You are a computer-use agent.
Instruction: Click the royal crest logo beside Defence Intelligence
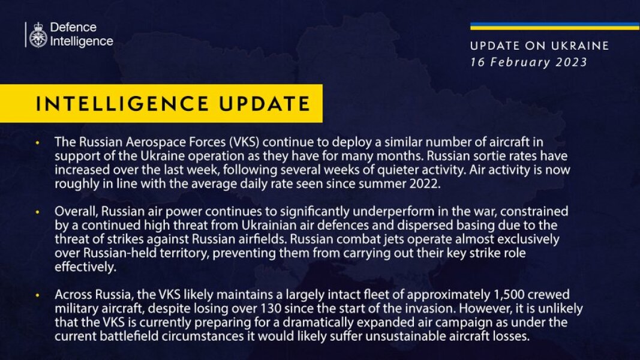coord(38,35)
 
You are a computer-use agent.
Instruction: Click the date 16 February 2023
coord(528,62)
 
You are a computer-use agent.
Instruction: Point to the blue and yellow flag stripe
coord(554,26)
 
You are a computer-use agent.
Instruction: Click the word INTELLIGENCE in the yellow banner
coord(121,104)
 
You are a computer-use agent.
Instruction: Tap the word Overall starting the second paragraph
coord(75,212)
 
